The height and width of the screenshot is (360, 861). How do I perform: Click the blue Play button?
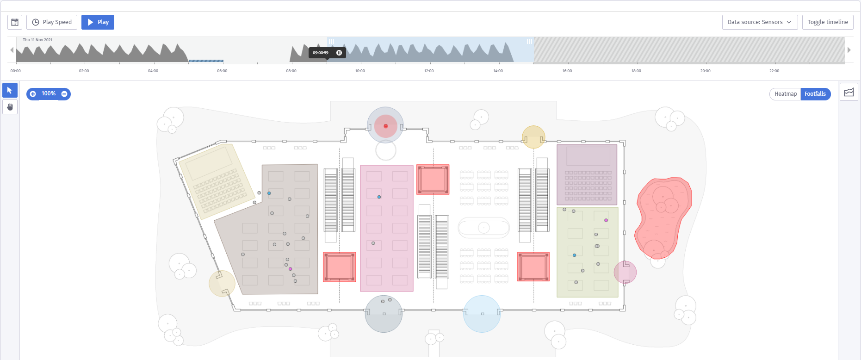tap(98, 22)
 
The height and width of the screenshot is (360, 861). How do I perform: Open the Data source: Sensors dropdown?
tap(760, 22)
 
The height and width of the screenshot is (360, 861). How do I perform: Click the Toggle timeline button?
tap(828, 22)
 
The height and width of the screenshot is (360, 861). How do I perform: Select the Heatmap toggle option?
tap(786, 94)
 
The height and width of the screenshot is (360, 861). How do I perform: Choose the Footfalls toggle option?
tap(815, 94)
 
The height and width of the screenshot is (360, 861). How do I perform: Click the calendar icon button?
tap(15, 22)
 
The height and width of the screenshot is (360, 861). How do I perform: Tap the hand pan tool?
tap(10, 107)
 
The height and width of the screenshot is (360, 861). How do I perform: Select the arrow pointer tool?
tap(10, 90)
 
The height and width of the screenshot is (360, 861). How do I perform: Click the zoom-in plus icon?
tap(33, 94)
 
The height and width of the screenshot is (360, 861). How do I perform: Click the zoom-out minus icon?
tap(64, 94)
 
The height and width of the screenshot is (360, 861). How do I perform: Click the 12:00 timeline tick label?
tap(429, 71)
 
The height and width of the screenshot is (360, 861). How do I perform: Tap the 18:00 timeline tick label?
tap(636, 71)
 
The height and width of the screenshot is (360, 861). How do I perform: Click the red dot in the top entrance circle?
tap(386, 126)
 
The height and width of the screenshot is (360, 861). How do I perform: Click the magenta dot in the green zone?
tap(606, 220)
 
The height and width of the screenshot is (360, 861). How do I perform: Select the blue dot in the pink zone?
tap(379, 197)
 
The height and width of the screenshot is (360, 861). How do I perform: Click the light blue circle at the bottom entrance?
tap(482, 314)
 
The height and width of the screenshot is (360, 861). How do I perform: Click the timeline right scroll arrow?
tap(849, 50)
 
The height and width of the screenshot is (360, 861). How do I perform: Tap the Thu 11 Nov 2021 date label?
tap(37, 40)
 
